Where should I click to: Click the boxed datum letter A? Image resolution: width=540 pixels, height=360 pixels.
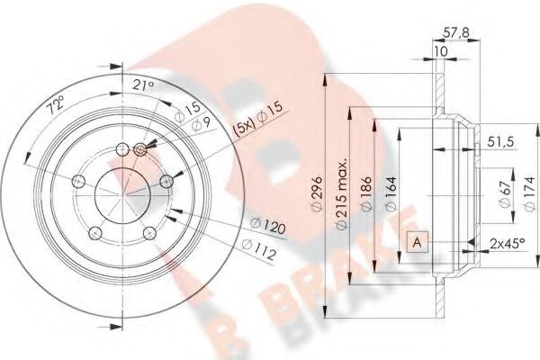click(x=417, y=241)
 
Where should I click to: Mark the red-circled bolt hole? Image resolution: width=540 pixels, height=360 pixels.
click(x=140, y=149)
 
